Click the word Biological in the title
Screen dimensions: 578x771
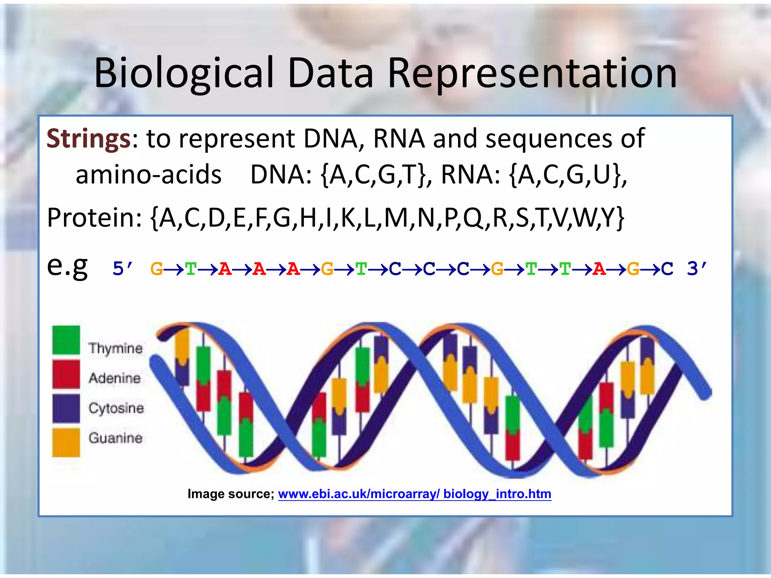coord(184,73)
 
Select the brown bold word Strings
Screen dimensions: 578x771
coord(88,139)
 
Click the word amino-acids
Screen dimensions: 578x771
coord(148,175)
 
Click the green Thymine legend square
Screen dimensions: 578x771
coord(66,340)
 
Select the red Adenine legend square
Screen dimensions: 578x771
coord(66,374)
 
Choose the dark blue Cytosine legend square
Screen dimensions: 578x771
coord(66,408)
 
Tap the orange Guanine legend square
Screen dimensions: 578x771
coord(66,442)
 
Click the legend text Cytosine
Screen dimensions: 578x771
coord(116,408)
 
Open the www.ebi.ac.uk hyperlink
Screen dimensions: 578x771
coord(414,494)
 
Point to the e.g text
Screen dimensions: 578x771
coord(67,266)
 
